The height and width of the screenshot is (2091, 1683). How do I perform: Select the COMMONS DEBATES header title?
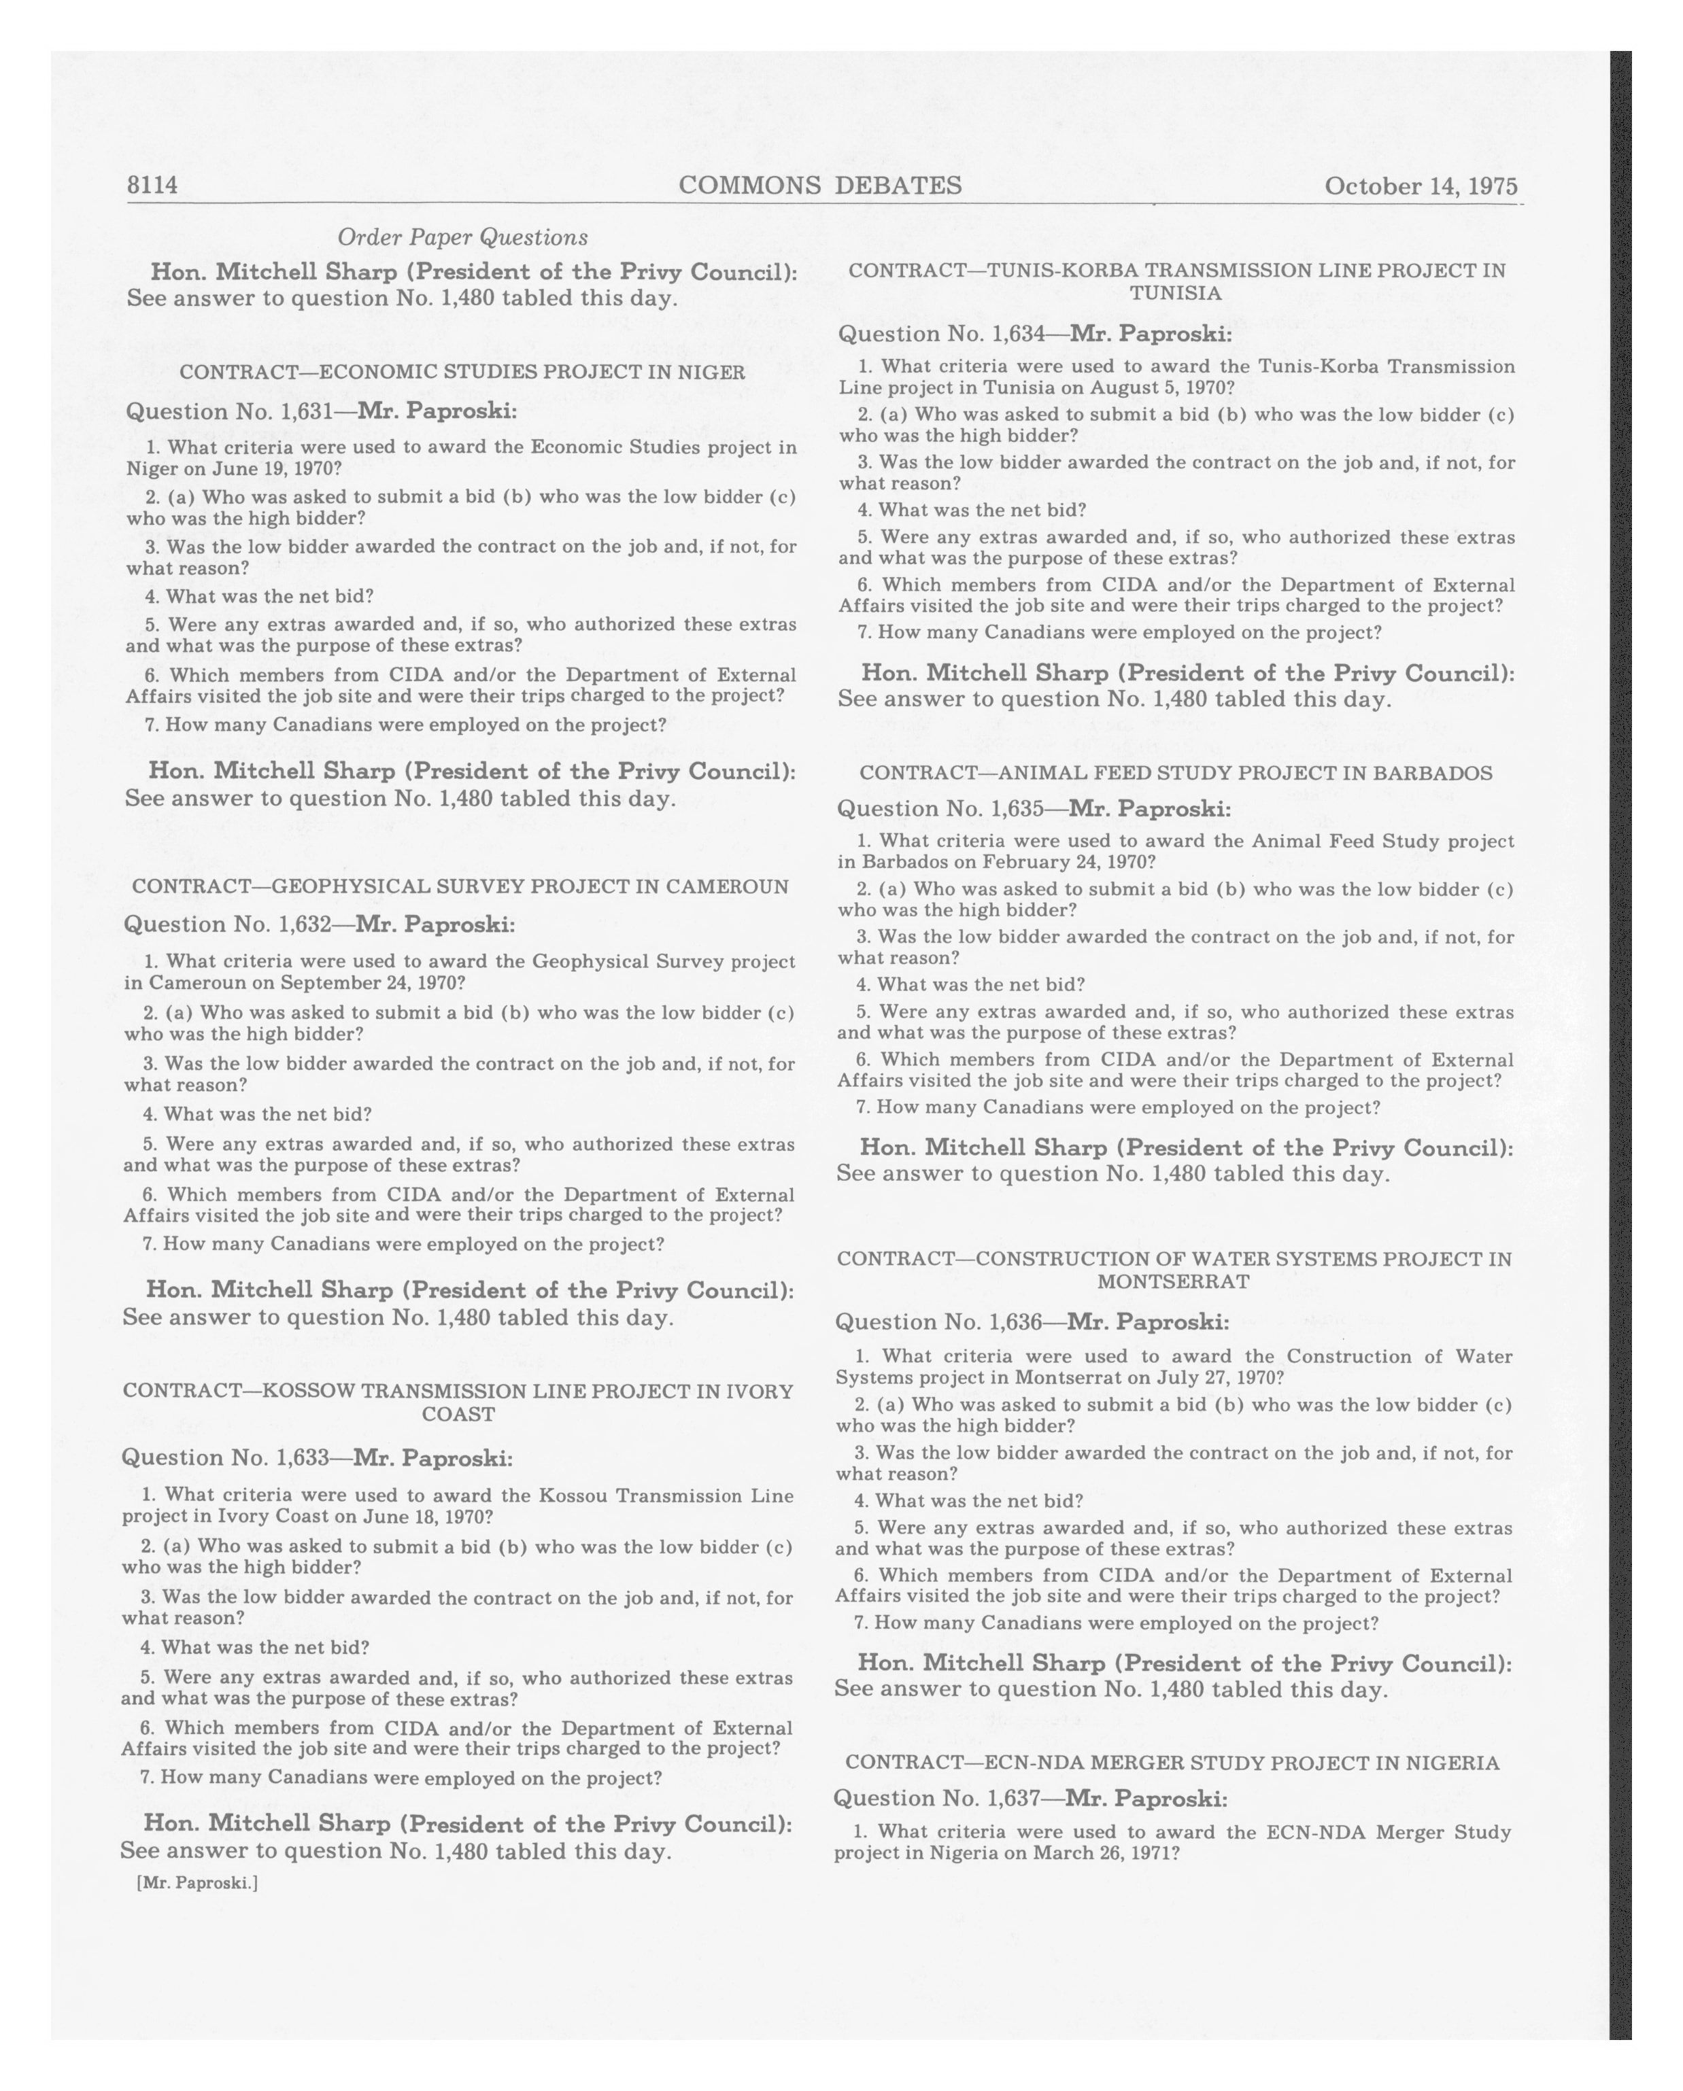click(x=819, y=186)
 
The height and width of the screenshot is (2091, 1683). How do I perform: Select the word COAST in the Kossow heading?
click(x=458, y=1414)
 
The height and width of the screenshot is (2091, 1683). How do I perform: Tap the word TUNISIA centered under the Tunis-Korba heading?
click(x=1175, y=293)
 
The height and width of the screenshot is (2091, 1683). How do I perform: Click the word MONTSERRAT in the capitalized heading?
click(x=1173, y=1281)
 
